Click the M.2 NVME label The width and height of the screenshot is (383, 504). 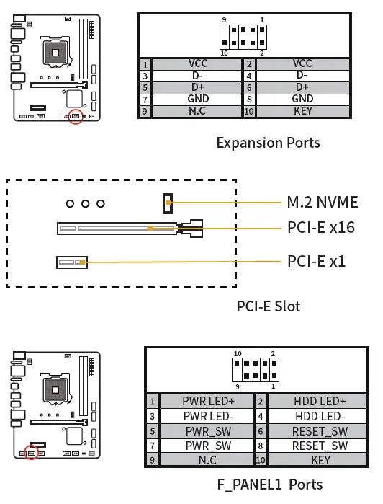coord(322,202)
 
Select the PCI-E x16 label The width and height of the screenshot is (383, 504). coord(320,228)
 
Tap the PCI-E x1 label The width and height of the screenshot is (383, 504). coord(316,260)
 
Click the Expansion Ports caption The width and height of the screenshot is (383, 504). coord(268,142)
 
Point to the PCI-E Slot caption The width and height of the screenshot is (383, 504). coord(268,306)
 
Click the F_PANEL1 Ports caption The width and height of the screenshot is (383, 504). coord(269,484)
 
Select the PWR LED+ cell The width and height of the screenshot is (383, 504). coord(209,402)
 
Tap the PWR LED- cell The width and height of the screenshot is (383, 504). coord(209,416)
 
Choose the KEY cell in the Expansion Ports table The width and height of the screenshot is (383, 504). coord(302,112)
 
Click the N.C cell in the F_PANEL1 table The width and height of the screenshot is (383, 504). coord(209,459)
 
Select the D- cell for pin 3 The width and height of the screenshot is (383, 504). coord(198,75)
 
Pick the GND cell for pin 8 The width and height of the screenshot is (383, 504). coord(302,99)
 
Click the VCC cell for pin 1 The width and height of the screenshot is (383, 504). coord(198,63)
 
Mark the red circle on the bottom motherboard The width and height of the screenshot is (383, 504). coord(32,453)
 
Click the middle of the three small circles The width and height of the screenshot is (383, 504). coord(85,204)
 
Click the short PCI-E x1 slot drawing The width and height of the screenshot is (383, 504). coord(73,261)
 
